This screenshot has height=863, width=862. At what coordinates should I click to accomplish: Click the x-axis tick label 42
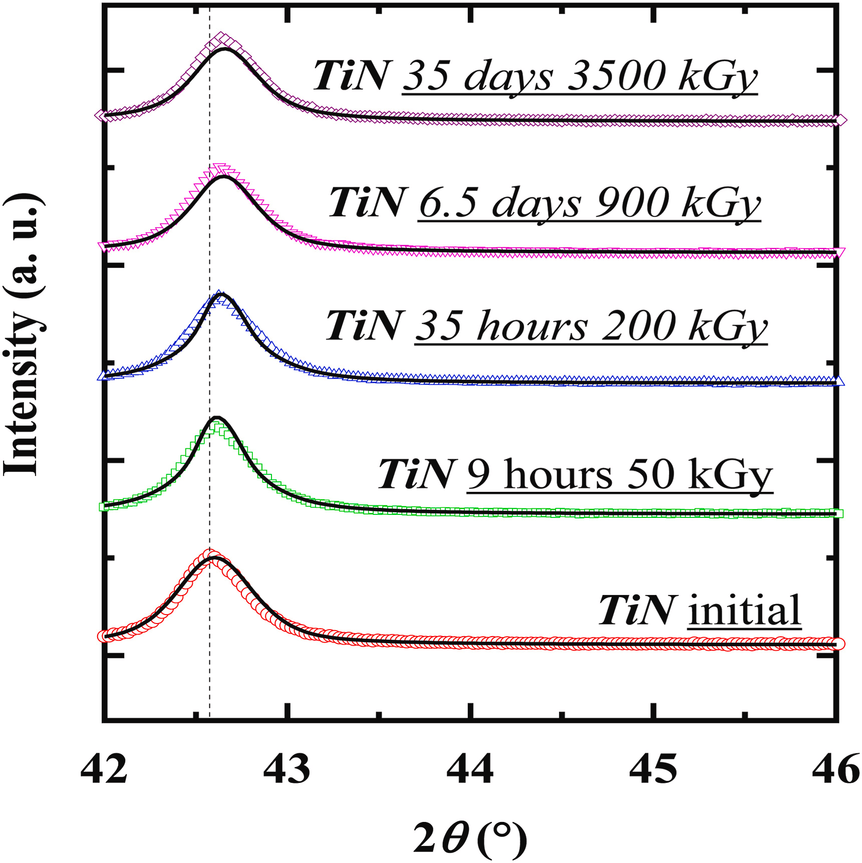point(104,769)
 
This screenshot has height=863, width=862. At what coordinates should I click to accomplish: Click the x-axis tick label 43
point(286,769)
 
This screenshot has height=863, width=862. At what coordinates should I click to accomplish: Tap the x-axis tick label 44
point(470,769)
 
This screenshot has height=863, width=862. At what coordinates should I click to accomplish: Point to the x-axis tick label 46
point(835,769)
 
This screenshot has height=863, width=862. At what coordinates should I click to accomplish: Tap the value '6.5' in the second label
point(448,203)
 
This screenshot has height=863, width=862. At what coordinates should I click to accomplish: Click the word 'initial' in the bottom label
point(744,610)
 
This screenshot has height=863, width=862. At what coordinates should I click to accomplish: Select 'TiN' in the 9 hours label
point(416,474)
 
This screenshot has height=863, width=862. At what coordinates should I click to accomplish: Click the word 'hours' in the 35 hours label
point(532,327)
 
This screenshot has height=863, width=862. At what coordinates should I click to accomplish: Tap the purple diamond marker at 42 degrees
point(102,116)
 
